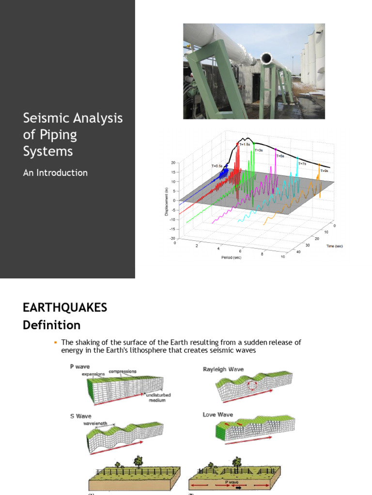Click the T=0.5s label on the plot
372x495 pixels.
coord(217,166)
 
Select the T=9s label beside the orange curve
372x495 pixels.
coord(324,171)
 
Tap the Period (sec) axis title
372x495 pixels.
coord(232,257)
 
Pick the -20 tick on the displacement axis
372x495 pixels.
coord(172,238)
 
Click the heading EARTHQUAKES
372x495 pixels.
coord(65,307)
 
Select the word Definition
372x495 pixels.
coord(52,325)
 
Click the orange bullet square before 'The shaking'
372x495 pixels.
coord(55,342)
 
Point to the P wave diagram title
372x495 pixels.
coord(79,367)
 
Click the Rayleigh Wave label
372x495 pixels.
coord(223,369)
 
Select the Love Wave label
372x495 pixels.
coord(218,414)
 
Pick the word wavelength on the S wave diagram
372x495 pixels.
coord(94,423)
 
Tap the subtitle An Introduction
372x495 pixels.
coord(55,173)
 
